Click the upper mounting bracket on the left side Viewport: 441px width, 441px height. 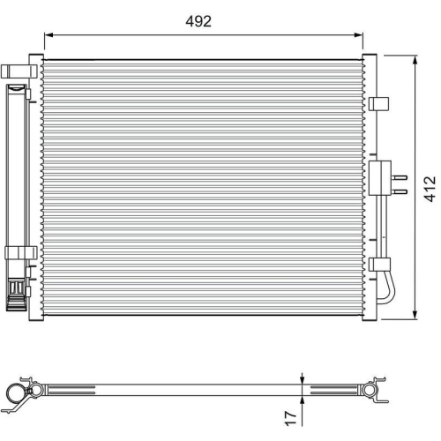[19, 71]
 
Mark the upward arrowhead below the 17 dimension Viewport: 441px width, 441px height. [303, 394]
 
